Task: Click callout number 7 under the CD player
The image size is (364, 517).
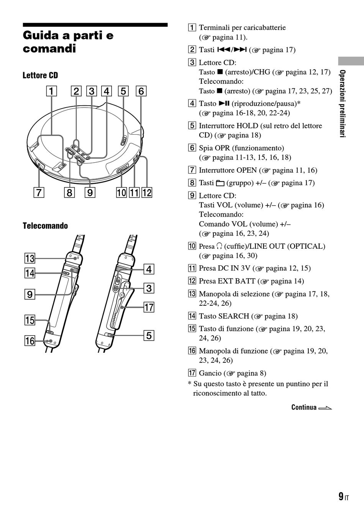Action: pos(39,192)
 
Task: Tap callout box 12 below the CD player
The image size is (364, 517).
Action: pos(147,192)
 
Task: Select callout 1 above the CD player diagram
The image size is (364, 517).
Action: pos(51,91)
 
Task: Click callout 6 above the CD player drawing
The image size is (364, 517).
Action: pos(141,91)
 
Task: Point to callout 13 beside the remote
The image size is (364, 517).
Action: pos(30,258)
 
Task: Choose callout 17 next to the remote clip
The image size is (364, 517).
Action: pos(149,307)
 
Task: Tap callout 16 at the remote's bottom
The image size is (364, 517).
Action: pos(30,341)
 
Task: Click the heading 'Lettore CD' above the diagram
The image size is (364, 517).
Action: pos(40,75)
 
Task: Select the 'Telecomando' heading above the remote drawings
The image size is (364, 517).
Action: pos(45,226)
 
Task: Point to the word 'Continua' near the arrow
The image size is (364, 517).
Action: pos(304,407)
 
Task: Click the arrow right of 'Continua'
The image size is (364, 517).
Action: pos(325,408)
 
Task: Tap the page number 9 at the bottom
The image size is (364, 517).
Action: pos(341,496)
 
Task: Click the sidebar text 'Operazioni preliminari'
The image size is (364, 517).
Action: pos(342,104)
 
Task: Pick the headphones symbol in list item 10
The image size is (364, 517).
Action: pos(219,246)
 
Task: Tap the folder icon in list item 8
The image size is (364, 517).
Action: pos(220,183)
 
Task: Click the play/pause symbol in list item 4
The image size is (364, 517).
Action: pos(224,103)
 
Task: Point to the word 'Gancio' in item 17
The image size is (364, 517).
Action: pos(210,373)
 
